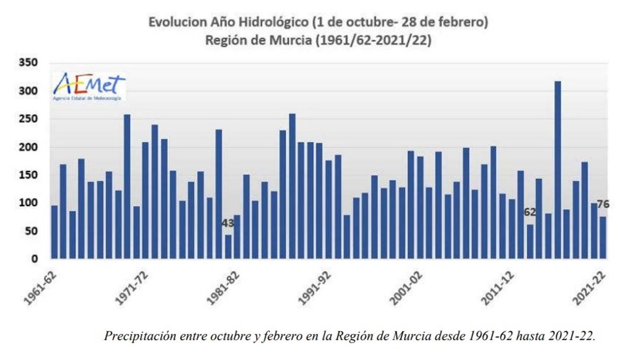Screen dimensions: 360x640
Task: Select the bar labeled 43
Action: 228,246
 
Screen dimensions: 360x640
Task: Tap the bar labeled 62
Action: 530,241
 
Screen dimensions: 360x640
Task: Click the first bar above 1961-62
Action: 54,232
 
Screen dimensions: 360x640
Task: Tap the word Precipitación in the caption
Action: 135,337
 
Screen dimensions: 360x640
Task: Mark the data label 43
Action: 228,223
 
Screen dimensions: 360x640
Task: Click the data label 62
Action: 530,212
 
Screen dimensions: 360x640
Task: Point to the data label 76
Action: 603,204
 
